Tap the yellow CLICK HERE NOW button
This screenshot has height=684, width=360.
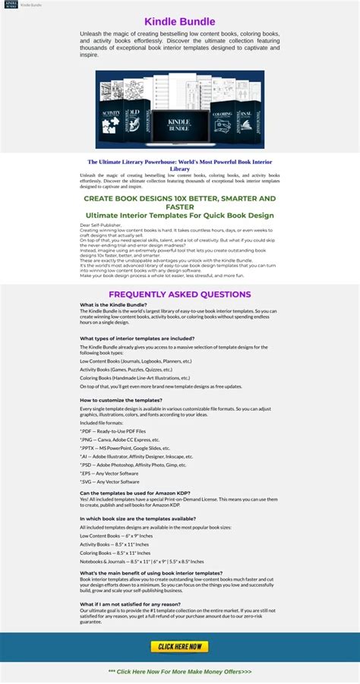pyautogui.click(x=179, y=646)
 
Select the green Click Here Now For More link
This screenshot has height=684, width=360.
pyautogui.click(x=179, y=672)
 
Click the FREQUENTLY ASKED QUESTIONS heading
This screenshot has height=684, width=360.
pyautogui.click(x=179, y=295)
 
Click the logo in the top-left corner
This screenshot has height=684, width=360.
pyautogui.click(x=10, y=5)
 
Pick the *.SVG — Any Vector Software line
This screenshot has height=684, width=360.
pyautogui.click(x=109, y=481)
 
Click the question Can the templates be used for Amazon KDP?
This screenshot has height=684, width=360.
pyautogui.click(x=135, y=493)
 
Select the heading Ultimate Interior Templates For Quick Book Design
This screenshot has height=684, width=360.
pyautogui.click(x=179, y=215)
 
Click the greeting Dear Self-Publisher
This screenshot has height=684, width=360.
pyautogui.click(x=100, y=225)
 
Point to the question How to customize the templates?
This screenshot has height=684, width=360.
pyautogui.click(x=121, y=399)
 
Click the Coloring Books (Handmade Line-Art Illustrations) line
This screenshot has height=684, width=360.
pyautogui.click(x=134, y=377)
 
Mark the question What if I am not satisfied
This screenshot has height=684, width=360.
pyautogui.click(x=130, y=604)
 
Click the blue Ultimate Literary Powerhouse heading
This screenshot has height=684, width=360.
pyautogui.click(x=179, y=165)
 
